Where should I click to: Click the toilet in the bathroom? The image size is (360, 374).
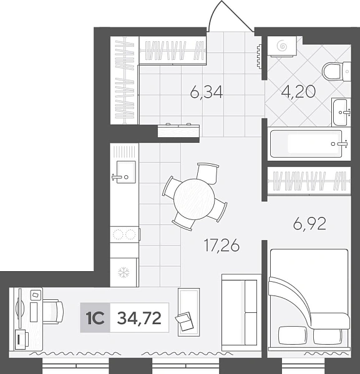[x=336, y=71]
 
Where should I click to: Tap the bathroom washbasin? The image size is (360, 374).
[x=341, y=112]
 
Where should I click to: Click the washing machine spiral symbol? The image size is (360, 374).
[x=281, y=46]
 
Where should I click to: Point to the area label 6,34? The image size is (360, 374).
[x=207, y=92]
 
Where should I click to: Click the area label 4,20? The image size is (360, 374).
[x=298, y=92]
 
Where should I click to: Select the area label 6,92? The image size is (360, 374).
[x=309, y=224]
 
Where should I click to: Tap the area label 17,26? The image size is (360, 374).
[x=221, y=246]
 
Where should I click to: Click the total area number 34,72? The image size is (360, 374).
[x=139, y=318]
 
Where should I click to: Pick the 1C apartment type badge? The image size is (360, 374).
[x=95, y=318]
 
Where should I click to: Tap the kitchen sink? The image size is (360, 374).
[x=125, y=172]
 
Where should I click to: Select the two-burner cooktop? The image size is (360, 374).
[x=124, y=234]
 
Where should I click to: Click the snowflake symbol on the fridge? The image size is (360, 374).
[x=124, y=272]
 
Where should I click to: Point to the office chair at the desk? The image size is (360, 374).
[x=53, y=312]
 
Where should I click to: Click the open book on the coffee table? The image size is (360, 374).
[x=184, y=321]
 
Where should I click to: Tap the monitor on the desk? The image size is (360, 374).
[x=20, y=309]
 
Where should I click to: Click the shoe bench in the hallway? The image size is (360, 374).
[x=178, y=131]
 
